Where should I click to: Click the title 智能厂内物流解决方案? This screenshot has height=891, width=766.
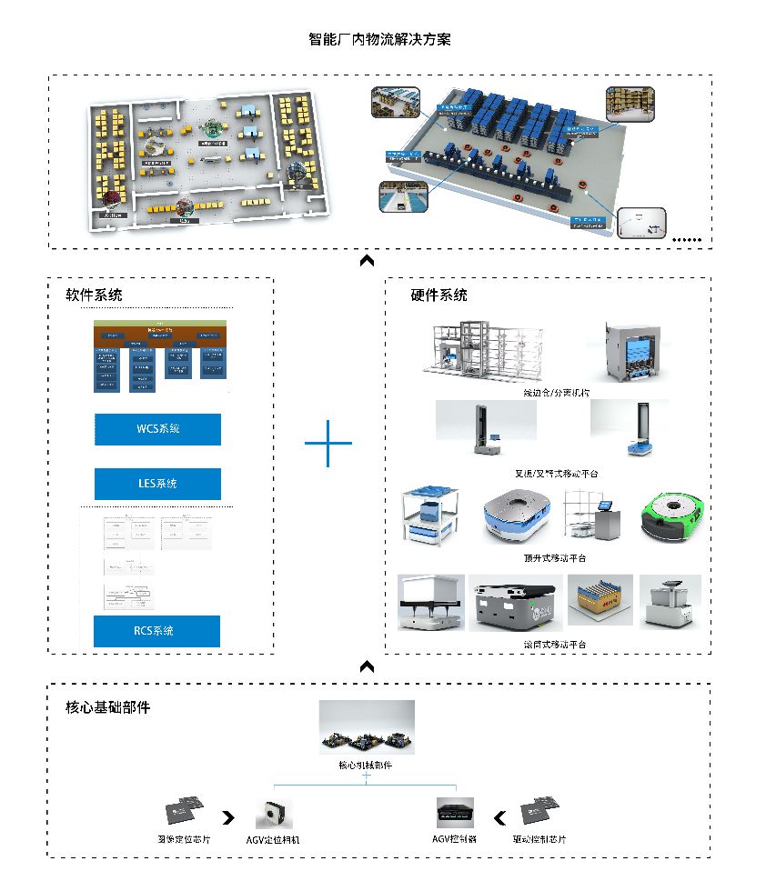click(380, 40)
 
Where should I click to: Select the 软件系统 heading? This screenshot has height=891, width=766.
click(94, 295)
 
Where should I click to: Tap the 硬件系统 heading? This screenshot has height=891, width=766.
click(439, 295)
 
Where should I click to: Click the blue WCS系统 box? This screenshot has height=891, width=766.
click(157, 429)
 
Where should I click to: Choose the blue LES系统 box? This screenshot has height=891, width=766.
click(157, 484)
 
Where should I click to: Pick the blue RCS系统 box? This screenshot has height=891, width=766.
click(157, 631)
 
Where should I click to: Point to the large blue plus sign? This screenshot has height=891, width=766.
click(328, 443)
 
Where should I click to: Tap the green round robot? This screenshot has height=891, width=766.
click(670, 516)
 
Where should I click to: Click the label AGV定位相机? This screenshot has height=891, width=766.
click(273, 839)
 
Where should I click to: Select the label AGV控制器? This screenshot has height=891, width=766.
click(455, 839)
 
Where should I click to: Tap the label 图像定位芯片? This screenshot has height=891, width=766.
click(184, 839)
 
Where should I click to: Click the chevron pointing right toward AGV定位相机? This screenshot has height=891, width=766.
click(227, 816)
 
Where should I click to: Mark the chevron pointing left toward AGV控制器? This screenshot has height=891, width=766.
click(499, 816)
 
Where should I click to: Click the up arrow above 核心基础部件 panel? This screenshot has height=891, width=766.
click(367, 667)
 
